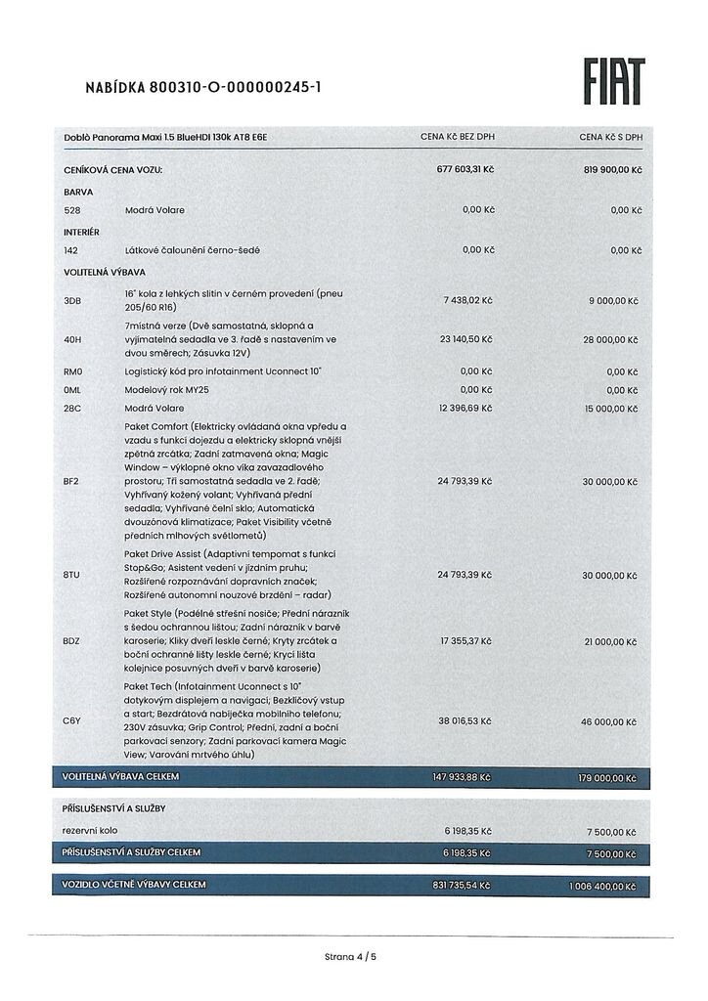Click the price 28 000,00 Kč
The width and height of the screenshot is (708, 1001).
tap(612, 339)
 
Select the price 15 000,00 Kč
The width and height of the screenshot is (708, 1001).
tap(612, 407)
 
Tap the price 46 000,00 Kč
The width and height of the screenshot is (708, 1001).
tap(612, 721)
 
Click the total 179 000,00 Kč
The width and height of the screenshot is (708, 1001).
tap(604, 778)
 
